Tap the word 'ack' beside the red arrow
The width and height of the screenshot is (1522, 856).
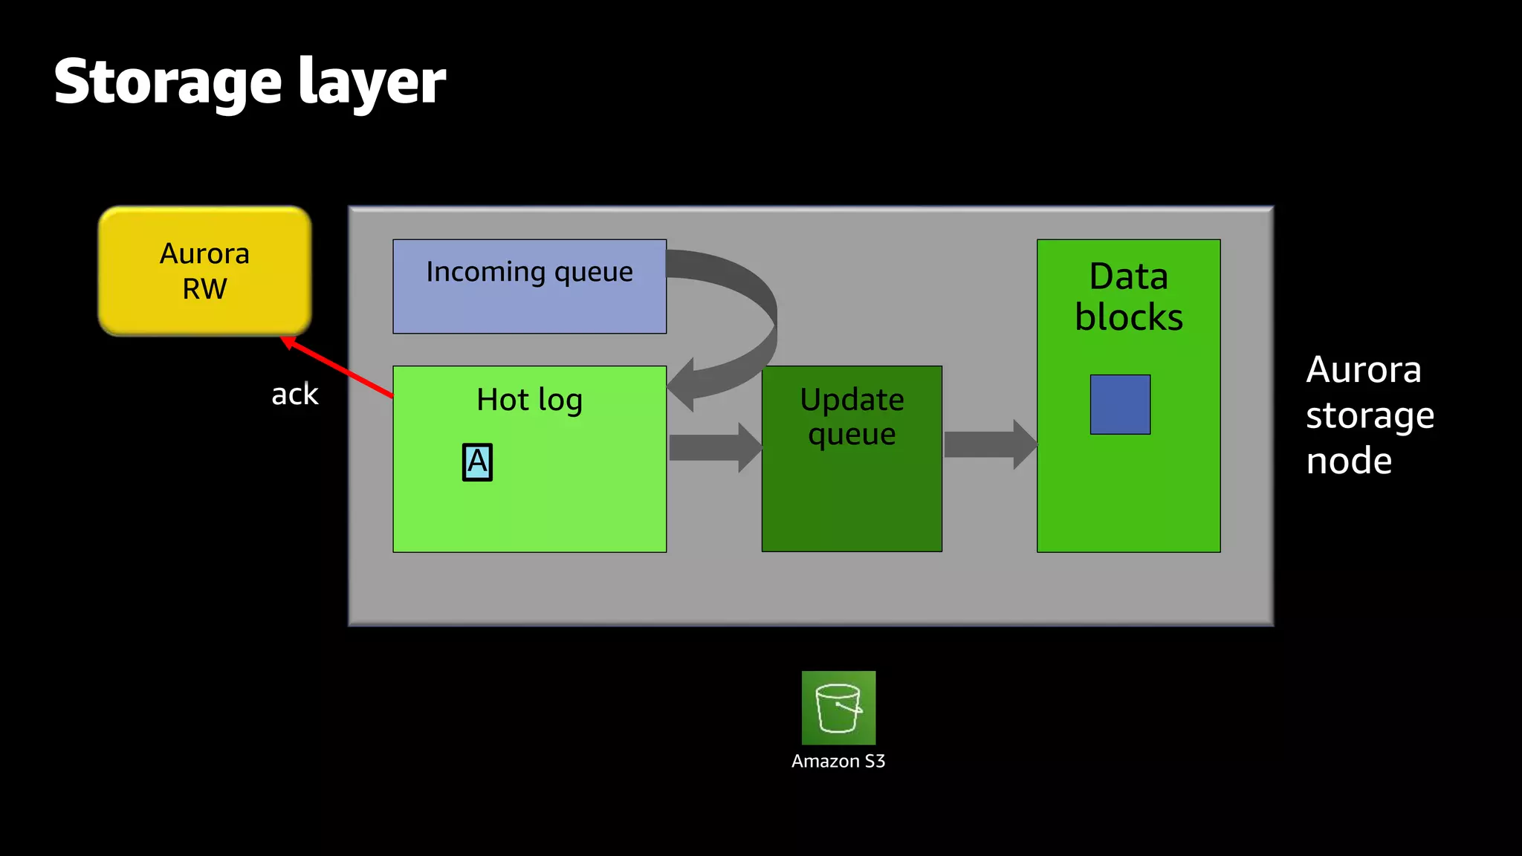click(294, 395)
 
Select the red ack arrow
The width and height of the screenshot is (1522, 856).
click(338, 368)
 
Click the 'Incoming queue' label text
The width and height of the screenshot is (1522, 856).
click(529, 272)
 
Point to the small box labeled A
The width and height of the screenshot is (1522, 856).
click(477, 462)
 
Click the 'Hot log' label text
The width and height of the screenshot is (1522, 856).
click(529, 400)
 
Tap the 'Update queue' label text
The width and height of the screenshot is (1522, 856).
click(852, 416)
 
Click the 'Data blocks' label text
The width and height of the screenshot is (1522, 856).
click(1128, 296)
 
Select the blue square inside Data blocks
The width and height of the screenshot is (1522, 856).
click(1120, 404)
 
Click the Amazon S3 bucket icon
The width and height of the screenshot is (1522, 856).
click(838, 707)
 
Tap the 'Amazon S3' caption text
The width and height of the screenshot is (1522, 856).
click(838, 761)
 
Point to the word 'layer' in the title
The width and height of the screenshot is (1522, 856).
click(372, 83)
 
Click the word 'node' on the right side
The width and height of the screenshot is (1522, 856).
click(1349, 461)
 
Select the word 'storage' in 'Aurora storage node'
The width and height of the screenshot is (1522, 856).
click(1370, 416)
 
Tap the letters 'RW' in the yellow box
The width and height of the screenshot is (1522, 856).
click(204, 288)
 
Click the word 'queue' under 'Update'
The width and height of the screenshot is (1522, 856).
click(852, 435)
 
